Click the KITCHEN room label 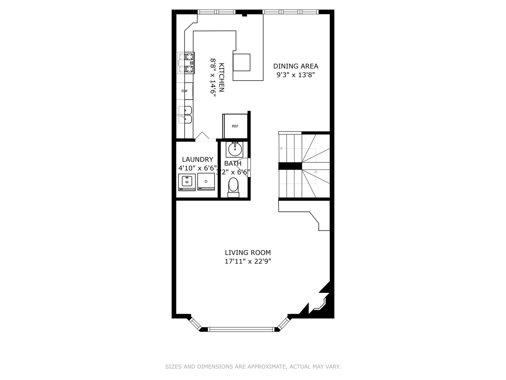[x=222, y=77]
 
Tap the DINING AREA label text [x=296, y=66]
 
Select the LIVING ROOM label [x=248, y=253]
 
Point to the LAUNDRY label [x=197, y=159]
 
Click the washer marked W [x=187, y=182]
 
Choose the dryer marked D [x=206, y=182]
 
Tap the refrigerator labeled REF [x=235, y=126]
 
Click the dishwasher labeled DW [x=184, y=91]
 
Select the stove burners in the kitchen [x=186, y=63]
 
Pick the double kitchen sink [x=185, y=115]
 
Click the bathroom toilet [x=233, y=187]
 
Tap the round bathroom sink [x=235, y=149]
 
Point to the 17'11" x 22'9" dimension [x=248, y=261]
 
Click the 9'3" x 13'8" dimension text [x=296, y=75]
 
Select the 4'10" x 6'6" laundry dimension [x=197, y=168]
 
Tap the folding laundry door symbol [x=202, y=136]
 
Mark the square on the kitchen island [x=241, y=62]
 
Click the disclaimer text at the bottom [x=253, y=367]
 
